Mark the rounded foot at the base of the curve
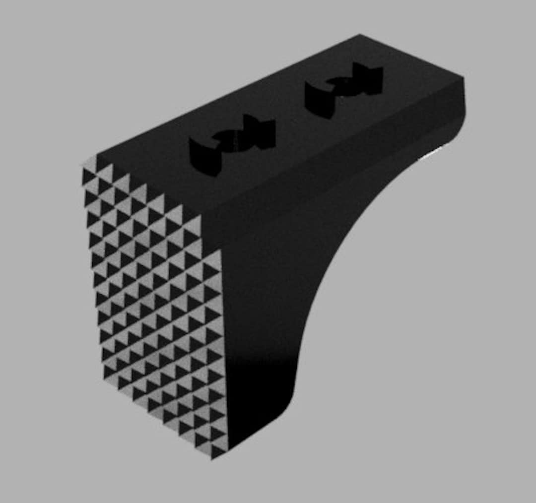(x=278, y=412)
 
